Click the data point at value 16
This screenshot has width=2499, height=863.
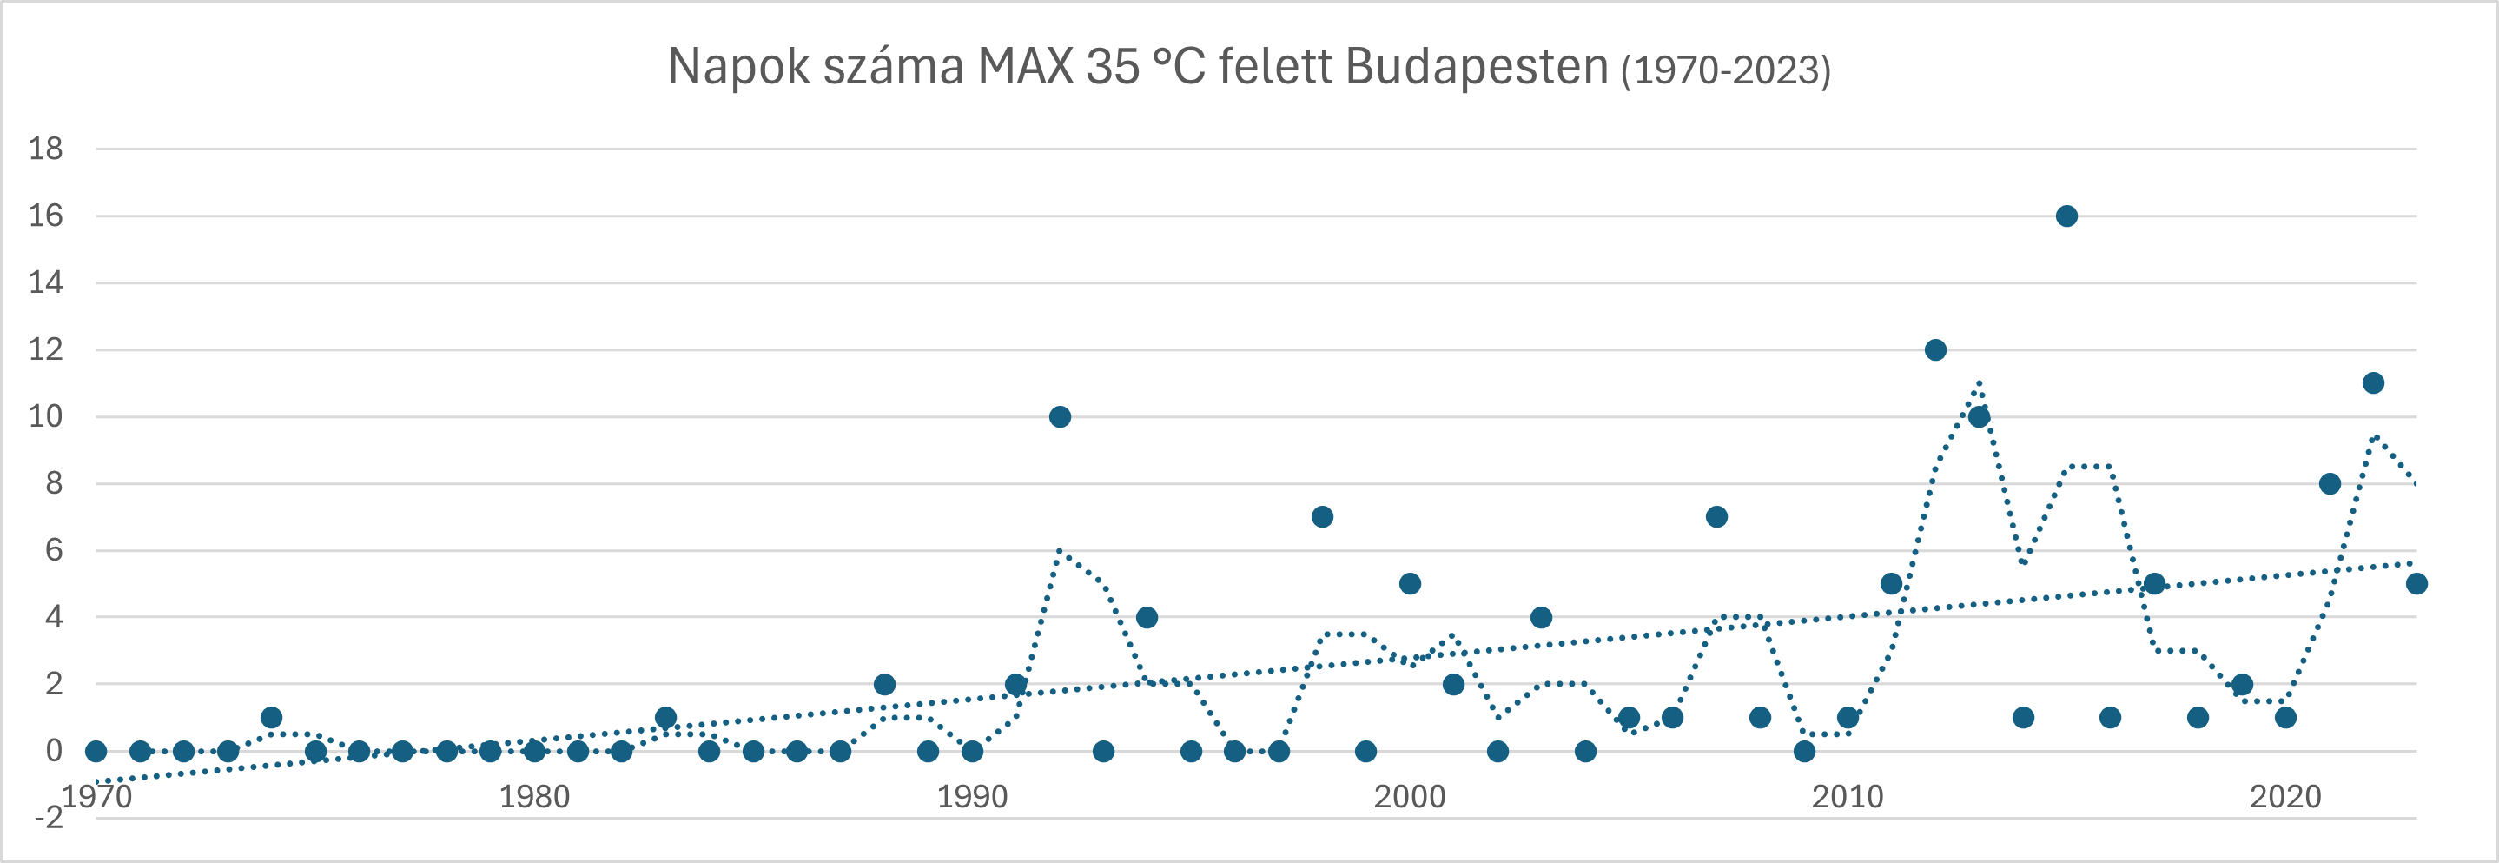[x=2066, y=216]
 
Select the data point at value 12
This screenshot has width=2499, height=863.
[x=1935, y=349]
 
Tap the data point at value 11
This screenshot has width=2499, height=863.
[x=2373, y=382]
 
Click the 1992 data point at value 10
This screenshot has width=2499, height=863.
[x=1060, y=416]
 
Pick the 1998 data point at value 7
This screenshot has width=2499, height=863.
[x=1322, y=516]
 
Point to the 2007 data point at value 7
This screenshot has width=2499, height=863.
[x=1716, y=516]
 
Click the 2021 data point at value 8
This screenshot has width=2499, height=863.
[x=2330, y=483]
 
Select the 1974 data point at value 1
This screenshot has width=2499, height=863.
[x=272, y=717]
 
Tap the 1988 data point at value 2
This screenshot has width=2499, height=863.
[x=883, y=684]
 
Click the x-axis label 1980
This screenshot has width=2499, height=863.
[x=533, y=797]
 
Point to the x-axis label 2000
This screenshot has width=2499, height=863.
[x=1410, y=797]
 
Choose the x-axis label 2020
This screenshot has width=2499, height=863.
[x=2285, y=797]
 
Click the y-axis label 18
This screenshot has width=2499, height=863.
[x=45, y=149]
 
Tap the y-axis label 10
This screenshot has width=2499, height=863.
[x=45, y=416]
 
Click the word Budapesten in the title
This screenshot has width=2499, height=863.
[x=1478, y=67]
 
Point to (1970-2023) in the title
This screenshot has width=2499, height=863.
[x=1726, y=70]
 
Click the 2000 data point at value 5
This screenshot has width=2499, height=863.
[x=1410, y=583]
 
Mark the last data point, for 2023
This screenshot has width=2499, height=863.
[x=2416, y=583]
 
